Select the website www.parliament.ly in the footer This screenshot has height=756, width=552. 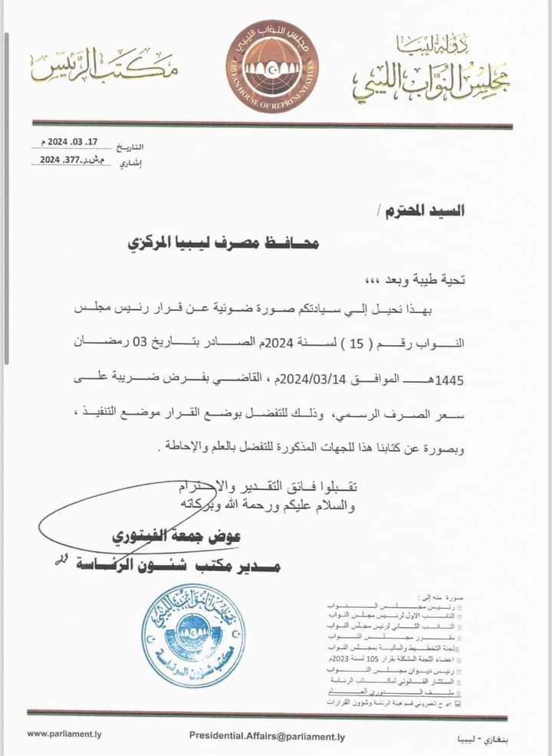click(x=64, y=733)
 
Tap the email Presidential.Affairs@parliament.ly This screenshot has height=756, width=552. click(x=267, y=736)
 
